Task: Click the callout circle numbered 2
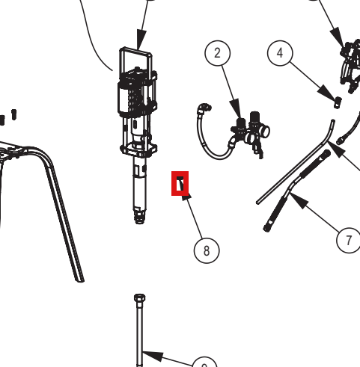[218, 53]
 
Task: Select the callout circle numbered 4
[280, 53]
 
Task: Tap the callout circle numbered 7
[349, 240]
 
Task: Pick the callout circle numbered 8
[207, 250]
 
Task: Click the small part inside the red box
[180, 183]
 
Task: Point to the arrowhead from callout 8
[186, 195]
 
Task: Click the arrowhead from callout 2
[237, 108]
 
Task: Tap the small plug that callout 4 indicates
[338, 102]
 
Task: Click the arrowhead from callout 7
[299, 200]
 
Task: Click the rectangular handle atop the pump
[135, 60]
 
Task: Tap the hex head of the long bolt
[139, 298]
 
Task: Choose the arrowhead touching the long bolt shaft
[153, 356]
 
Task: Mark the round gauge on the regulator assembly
[264, 132]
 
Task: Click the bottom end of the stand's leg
[79, 280]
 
